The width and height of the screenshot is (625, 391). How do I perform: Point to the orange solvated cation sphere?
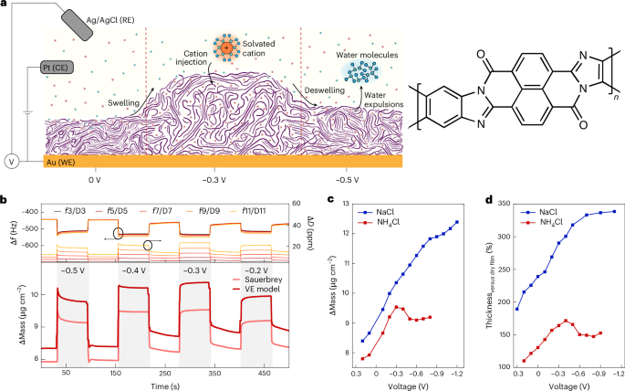224,49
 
